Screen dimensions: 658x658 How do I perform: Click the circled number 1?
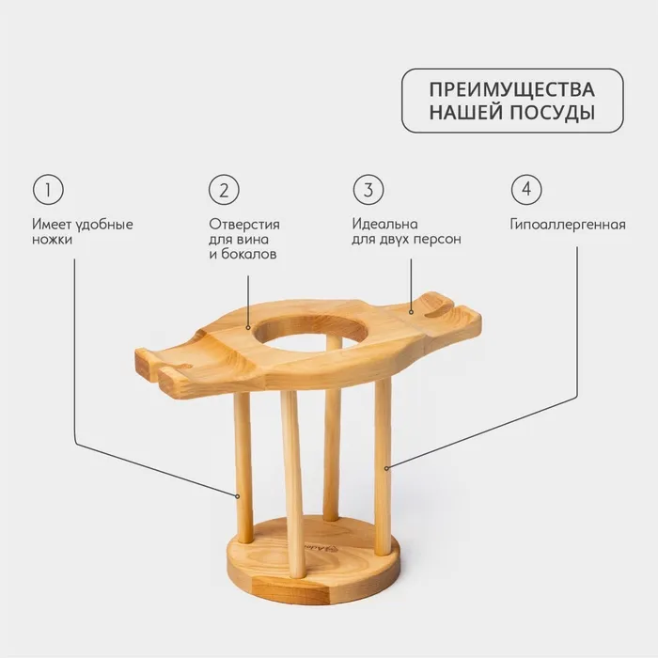point(48,190)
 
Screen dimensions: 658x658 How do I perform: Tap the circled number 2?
point(224,190)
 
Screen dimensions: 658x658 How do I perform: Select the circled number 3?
point(368,190)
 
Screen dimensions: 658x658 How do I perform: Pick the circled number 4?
point(526,190)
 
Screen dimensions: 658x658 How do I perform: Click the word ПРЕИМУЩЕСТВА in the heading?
point(512,90)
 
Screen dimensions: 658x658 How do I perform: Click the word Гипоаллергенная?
point(568,225)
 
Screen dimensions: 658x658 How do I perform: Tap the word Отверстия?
point(244,224)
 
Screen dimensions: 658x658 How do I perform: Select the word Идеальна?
point(384,224)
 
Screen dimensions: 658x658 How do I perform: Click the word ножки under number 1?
point(52,240)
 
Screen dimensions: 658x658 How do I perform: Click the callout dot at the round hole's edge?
point(248,328)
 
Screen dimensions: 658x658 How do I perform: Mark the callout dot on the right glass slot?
point(412,312)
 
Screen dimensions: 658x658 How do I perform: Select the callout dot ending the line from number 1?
point(238,496)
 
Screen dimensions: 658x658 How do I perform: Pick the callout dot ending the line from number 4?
point(386,468)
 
